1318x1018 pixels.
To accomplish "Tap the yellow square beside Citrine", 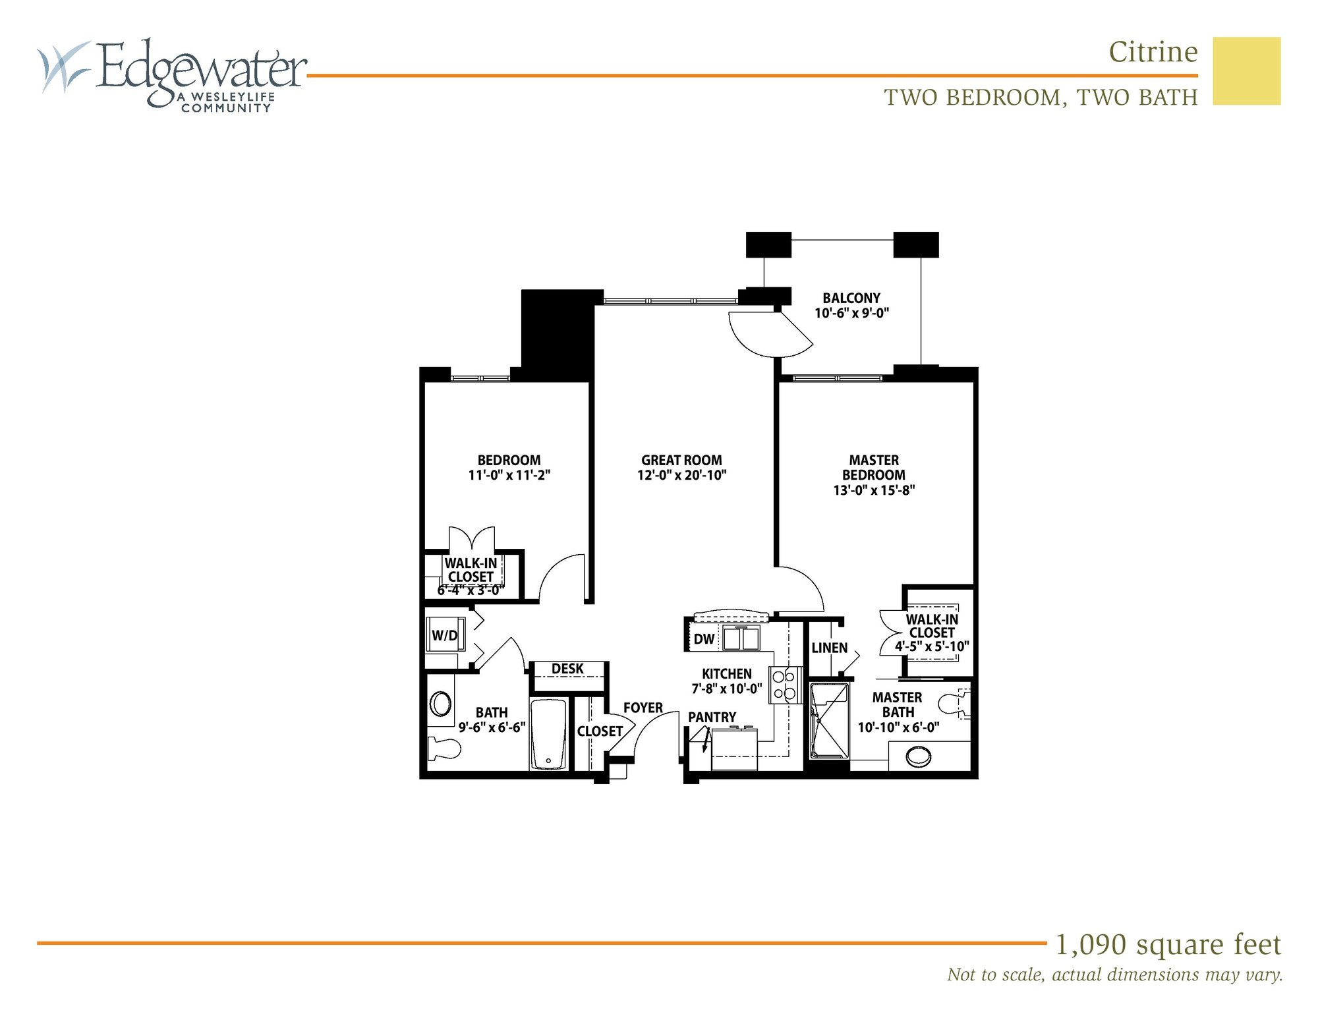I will (1246, 71).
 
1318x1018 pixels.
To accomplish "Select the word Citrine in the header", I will (1153, 52).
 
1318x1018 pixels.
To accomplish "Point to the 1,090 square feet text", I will (1168, 944).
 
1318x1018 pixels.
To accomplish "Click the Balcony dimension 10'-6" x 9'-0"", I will (851, 314).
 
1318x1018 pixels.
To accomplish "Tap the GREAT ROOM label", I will (681, 460).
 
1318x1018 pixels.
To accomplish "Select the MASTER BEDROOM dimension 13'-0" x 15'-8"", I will (874, 490).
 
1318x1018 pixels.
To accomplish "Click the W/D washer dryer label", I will (444, 635).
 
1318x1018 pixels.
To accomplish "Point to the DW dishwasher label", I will (704, 638).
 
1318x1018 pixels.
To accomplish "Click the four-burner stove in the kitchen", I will (784, 685).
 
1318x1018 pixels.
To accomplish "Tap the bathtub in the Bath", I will (548, 734).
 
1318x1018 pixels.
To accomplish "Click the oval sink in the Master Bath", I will (918, 756).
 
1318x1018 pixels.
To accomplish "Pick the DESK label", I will (567, 669).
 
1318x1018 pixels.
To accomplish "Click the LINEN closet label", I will (829, 648).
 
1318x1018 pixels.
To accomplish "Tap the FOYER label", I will (643, 708).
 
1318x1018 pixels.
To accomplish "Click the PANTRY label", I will (712, 717).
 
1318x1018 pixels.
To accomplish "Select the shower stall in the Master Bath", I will (829, 721).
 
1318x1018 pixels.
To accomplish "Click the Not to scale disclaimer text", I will (1114, 975).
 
